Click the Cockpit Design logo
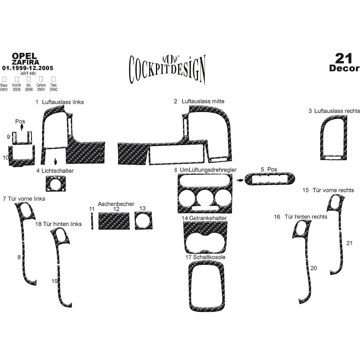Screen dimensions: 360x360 pyautogui.click(x=167, y=67)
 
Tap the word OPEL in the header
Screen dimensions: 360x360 pyautogui.click(x=24, y=56)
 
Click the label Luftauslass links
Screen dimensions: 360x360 pyautogui.click(x=63, y=102)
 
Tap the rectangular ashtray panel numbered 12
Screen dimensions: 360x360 pyautogui.click(x=114, y=221)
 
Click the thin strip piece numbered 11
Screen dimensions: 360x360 pyautogui.click(x=92, y=221)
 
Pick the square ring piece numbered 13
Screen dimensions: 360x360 pyautogui.click(x=143, y=220)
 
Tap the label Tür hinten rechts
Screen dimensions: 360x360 pyautogui.click(x=306, y=217)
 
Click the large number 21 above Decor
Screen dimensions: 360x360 pyautogui.click(x=344, y=58)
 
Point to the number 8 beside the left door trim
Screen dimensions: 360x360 pyautogui.click(x=19, y=257)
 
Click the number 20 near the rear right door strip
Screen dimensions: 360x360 pyautogui.click(x=313, y=268)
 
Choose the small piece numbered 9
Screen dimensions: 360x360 pyautogui.click(x=21, y=139)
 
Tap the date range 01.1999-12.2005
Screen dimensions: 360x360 pyautogui.click(x=28, y=68)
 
